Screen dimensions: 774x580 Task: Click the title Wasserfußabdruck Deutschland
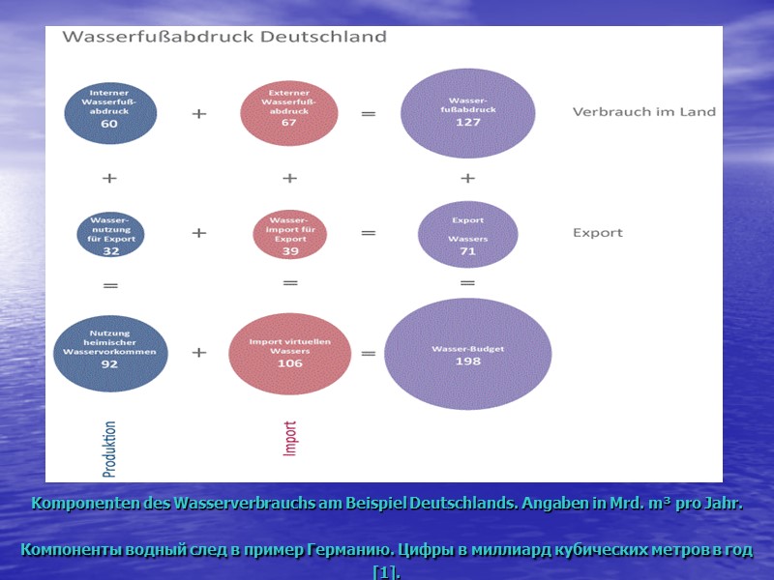(x=224, y=38)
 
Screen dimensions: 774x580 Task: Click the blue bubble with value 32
(x=110, y=233)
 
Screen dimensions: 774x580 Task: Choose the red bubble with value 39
(x=290, y=233)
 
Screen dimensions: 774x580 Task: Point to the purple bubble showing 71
(x=467, y=233)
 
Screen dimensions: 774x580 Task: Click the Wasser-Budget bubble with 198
(x=467, y=353)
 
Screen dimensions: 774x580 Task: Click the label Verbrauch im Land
(x=643, y=111)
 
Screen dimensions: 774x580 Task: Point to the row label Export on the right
(x=598, y=233)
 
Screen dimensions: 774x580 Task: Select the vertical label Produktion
(x=109, y=449)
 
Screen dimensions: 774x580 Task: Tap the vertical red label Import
(x=290, y=438)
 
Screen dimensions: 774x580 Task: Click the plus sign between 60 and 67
(x=199, y=113)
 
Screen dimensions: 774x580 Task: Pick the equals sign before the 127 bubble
(x=369, y=113)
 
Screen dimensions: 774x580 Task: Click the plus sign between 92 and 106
(x=199, y=354)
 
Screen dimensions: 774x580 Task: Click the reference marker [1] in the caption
(x=386, y=572)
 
